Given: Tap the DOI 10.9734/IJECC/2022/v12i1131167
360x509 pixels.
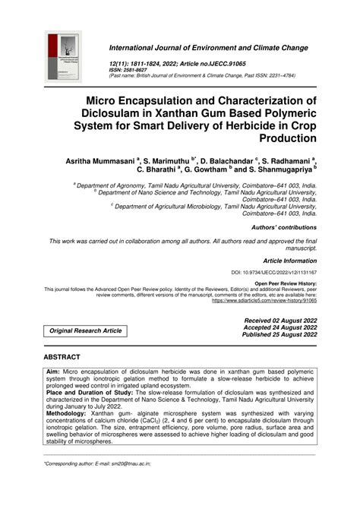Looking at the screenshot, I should (274, 271).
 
